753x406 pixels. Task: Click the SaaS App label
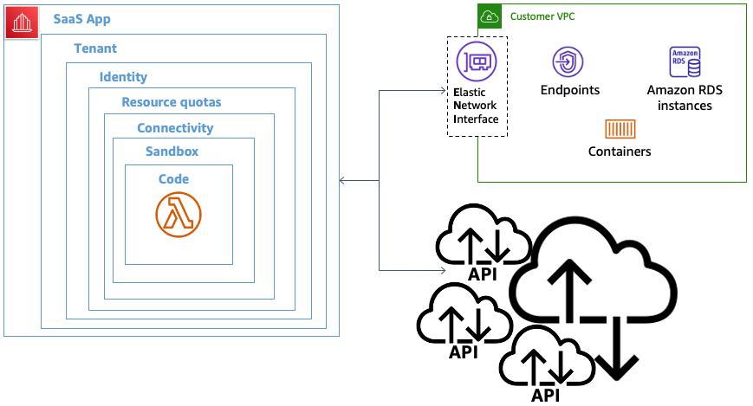pos(81,19)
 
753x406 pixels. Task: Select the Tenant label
pos(95,48)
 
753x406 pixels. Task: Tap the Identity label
pos(123,77)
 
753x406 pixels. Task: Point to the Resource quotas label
pos(171,102)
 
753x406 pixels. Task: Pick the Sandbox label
pos(172,151)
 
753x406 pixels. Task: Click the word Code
pos(173,179)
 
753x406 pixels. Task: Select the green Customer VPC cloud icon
pos(490,16)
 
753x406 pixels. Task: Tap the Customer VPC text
pos(542,16)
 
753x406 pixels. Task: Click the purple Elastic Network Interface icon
pos(477,61)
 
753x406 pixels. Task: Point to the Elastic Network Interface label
pos(477,105)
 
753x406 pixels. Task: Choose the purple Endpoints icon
pos(568,62)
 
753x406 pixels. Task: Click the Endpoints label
pos(569,90)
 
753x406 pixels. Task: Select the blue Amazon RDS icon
pos(685,63)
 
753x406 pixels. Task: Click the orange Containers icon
pos(620,129)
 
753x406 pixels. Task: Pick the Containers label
pos(620,151)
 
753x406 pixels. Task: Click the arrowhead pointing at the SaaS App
pos(342,180)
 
